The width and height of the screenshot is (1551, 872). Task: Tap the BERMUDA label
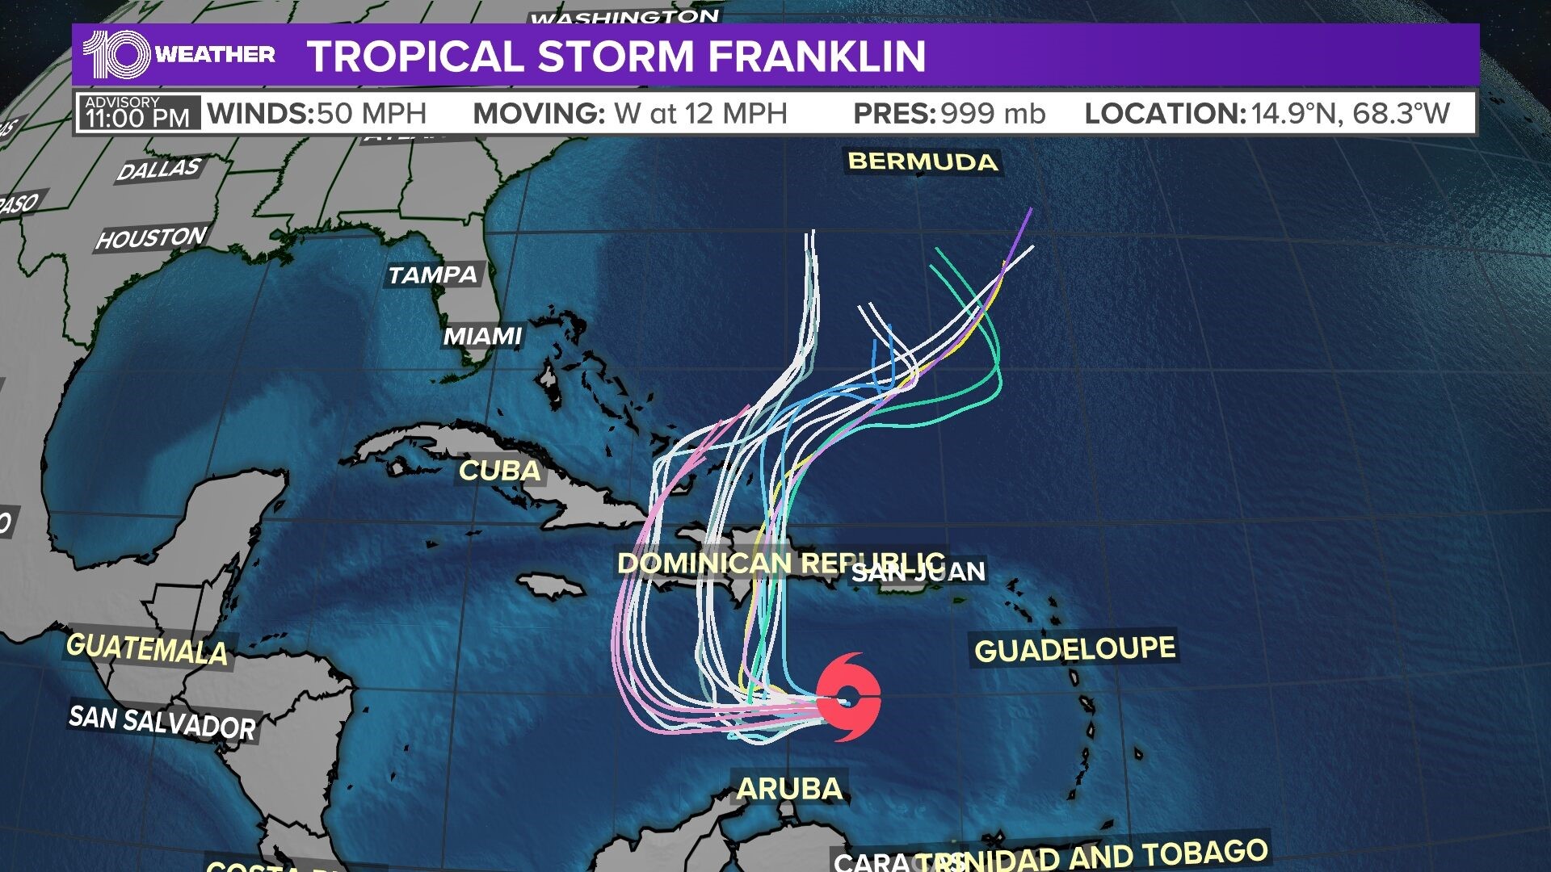pyautogui.click(x=923, y=161)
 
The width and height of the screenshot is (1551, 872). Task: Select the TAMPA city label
pyautogui.click(x=433, y=275)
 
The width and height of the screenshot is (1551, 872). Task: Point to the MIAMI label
pyautogui.click(x=483, y=336)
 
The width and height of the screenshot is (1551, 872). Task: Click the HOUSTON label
pyautogui.click(x=151, y=238)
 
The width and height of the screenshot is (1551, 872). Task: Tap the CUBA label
pyautogui.click(x=499, y=471)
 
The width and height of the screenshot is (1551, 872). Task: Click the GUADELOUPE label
pyautogui.click(x=1074, y=649)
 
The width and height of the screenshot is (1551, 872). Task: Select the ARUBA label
pyautogui.click(x=789, y=788)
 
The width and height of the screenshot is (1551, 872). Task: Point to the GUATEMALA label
pyautogui.click(x=147, y=649)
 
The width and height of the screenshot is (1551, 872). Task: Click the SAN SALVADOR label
pyautogui.click(x=162, y=721)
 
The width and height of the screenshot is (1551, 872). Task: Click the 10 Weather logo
pyautogui.click(x=179, y=55)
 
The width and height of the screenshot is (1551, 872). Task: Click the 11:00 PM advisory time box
pyautogui.click(x=138, y=113)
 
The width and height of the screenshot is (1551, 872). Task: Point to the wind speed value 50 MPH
pyautogui.click(x=371, y=114)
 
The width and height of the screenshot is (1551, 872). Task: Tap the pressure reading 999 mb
pyautogui.click(x=993, y=114)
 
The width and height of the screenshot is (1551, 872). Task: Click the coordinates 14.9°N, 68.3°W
pyautogui.click(x=1351, y=114)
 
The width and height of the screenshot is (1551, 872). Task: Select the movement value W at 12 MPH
pyautogui.click(x=700, y=114)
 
